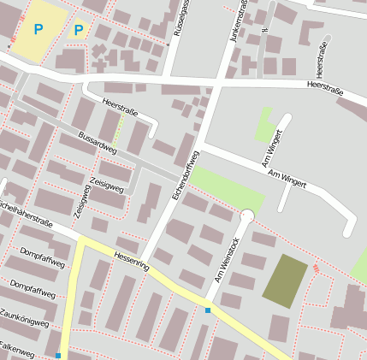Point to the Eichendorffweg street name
pos(185,175)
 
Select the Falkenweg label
pos(17,351)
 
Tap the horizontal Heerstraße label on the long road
pos(329,86)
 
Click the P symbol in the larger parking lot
pos(38,29)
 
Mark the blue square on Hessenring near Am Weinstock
pos(207,310)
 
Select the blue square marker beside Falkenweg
pos(58,355)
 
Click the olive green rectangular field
pos(285,280)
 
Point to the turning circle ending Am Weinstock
pos(247,216)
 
